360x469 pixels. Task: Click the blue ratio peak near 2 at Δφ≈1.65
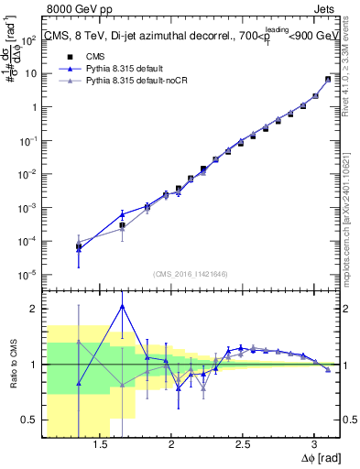tap(123, 306)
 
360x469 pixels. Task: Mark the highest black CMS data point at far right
tap(328, 79)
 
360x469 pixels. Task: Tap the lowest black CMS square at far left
tap(79, 246)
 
